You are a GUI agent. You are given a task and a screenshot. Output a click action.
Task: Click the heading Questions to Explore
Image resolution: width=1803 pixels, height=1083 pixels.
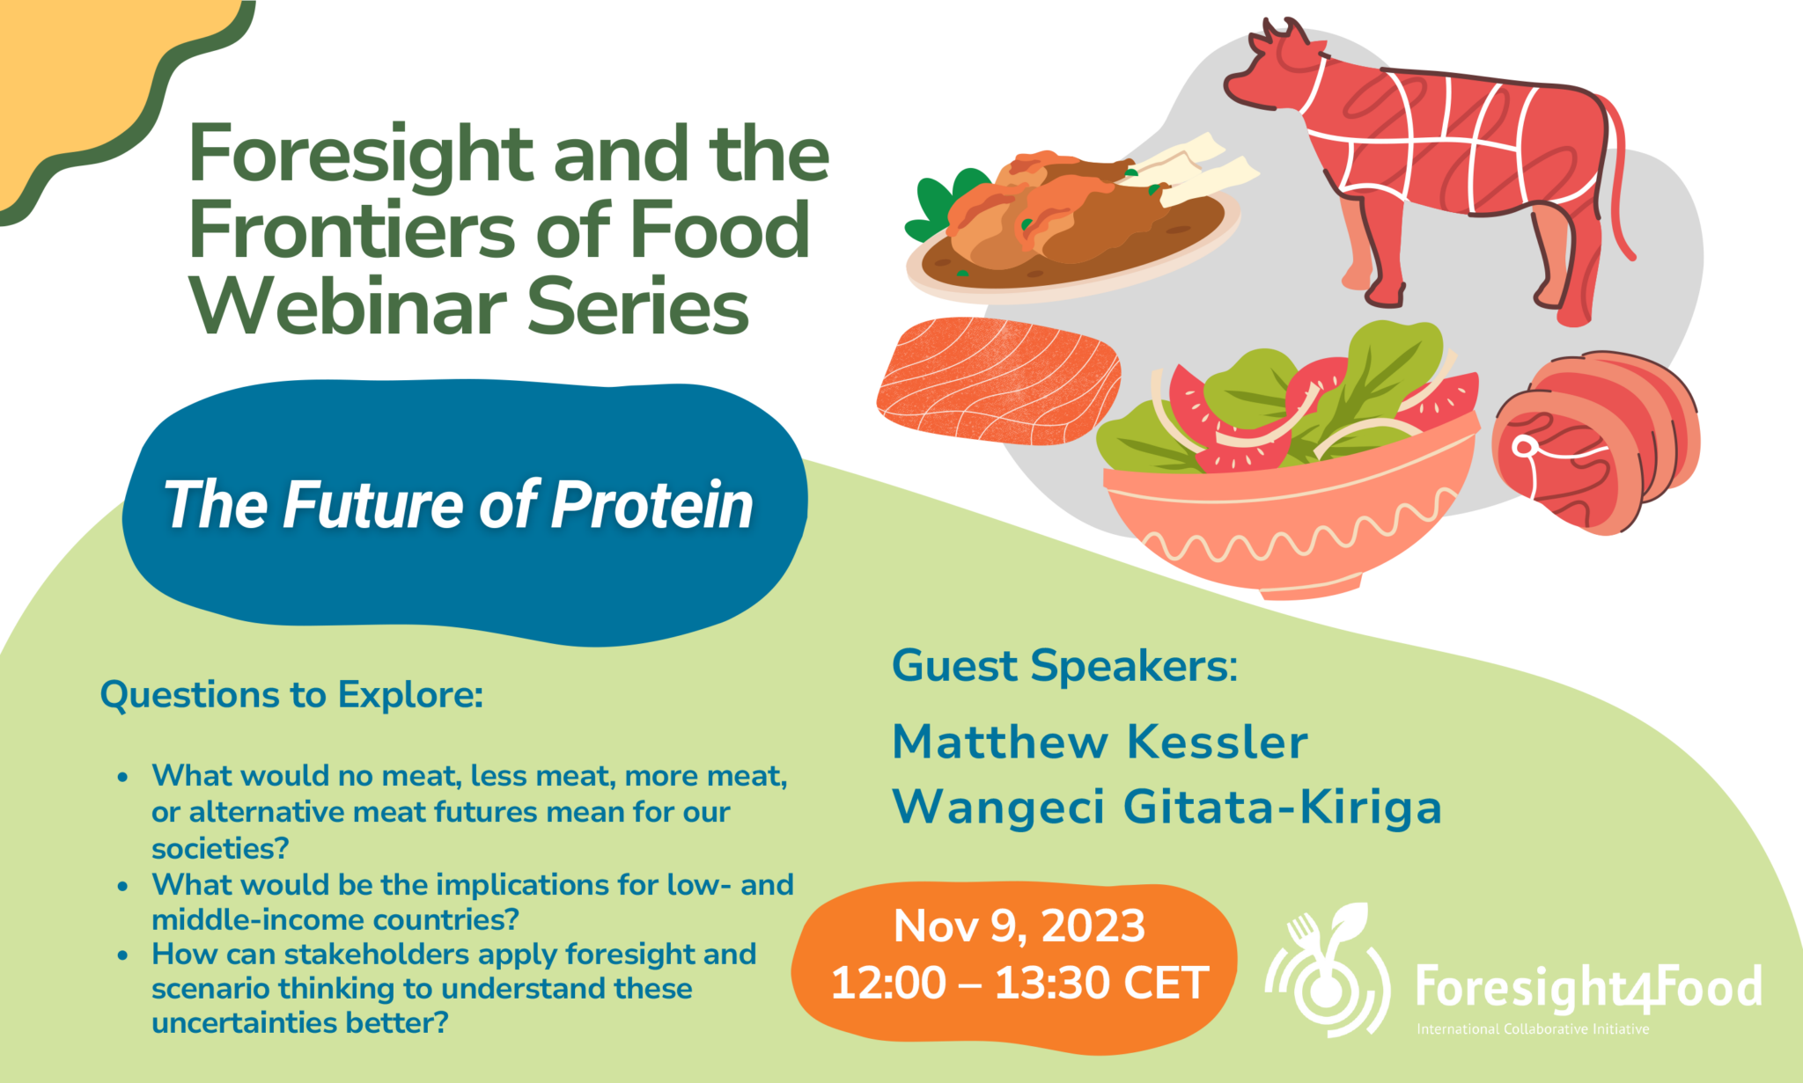click(291, 695)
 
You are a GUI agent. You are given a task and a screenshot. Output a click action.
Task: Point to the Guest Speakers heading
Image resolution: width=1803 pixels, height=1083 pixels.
click(1064, 666)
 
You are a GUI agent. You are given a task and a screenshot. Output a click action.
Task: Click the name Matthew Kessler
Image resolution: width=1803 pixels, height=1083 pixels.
click(1100, 742)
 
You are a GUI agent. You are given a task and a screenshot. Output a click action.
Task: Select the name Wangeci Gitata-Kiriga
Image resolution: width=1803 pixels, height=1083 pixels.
click(1166, 807)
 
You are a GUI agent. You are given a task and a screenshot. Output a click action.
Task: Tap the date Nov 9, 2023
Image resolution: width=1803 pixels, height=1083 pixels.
click(1019, 926)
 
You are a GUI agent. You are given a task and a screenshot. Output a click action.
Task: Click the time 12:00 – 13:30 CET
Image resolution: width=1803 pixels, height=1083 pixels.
click(1019, 983)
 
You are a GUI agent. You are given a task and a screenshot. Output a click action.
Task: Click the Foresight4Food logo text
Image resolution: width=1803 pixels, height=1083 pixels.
click(1588, 987)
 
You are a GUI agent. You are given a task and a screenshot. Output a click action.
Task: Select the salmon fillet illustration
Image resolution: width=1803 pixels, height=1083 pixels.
click(999, 380)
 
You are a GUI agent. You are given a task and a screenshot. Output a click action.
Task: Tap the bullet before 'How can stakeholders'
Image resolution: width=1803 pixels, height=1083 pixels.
click(123, 955)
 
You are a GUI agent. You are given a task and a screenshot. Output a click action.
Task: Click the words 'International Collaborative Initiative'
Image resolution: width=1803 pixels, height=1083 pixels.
click(1532, 1029)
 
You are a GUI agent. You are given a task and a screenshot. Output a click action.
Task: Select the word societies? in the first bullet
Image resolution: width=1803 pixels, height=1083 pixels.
click(220, 849)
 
